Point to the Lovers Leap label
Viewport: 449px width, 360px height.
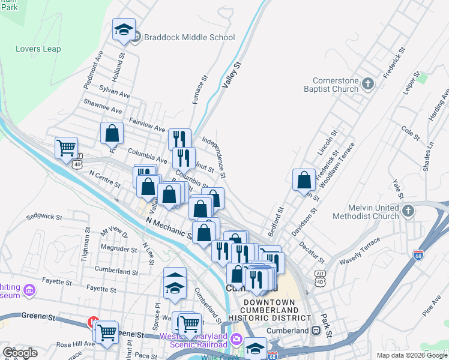pyautogui.click(x=38, y=49)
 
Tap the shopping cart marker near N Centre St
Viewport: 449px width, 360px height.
pyautogui.click(x=66, y=148)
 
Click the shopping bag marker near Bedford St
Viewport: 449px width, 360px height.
pyautogui.click(x=304, y=179)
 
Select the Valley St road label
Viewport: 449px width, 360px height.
pyautogui.click(x=231, y=75)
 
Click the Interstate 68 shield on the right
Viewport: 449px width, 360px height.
pyautogui.click(x=418, y=255)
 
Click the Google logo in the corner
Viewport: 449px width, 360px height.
pyautogui.click(x=19, y=352)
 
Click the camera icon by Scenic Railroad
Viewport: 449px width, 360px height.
pyautogui.click(x=237, y=340)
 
